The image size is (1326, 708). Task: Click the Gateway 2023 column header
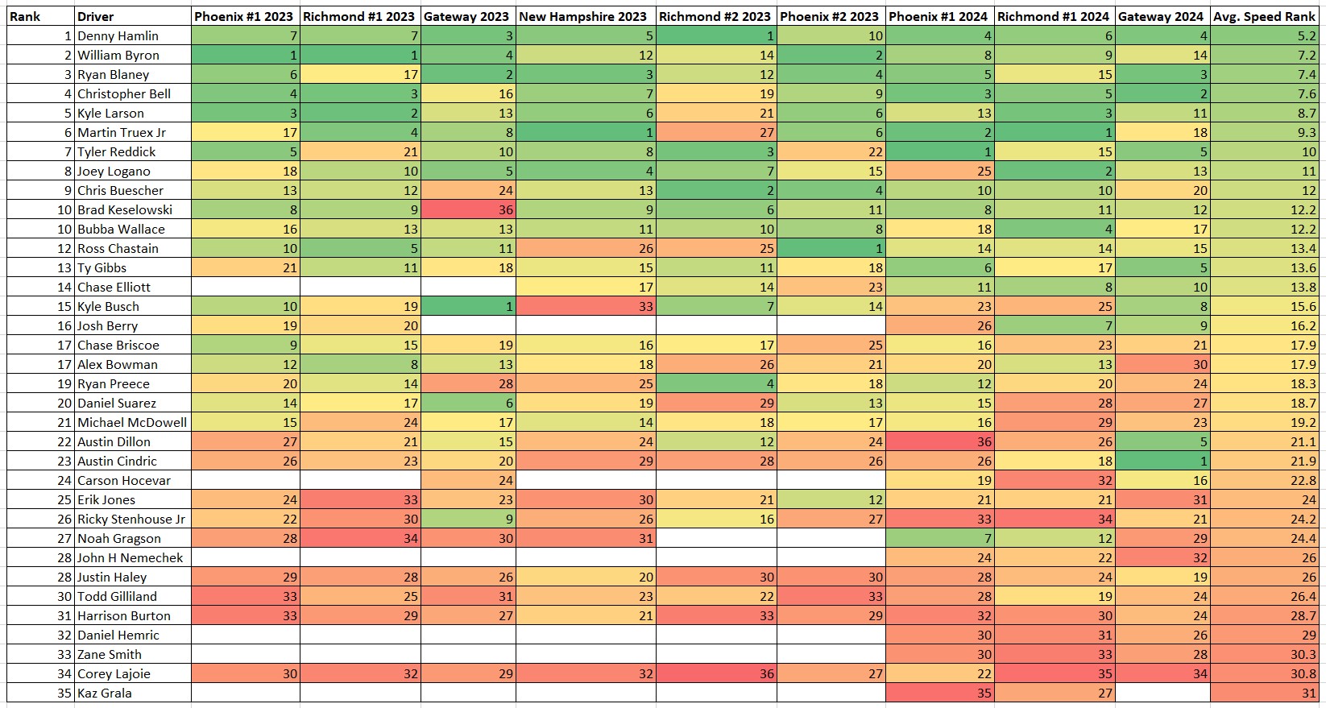point(466,16)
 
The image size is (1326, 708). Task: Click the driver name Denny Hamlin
point(118,35)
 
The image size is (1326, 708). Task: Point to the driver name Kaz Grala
point(104,693)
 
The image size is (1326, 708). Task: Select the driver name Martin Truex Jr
point(122,132)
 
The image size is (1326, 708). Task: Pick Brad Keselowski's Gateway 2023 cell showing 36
point(468,209)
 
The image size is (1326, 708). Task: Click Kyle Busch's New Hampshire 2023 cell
point(586,306)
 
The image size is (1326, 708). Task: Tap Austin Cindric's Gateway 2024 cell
point(1162,461)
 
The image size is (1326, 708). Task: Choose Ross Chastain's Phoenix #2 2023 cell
point(831,248)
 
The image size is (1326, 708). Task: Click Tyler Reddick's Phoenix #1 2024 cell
point(939,151)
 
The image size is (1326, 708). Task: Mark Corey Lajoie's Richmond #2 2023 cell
point(716,673)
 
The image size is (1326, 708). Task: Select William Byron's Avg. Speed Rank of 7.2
point(1267,55)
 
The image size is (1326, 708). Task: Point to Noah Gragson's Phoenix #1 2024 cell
point(939,538)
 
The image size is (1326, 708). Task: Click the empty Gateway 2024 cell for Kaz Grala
point(1162,693)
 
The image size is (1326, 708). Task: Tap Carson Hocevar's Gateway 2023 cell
point(468,480)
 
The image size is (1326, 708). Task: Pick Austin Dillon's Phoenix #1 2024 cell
point(939,441)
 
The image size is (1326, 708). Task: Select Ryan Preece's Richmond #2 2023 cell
point(716,383)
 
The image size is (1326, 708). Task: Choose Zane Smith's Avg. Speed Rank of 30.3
point(1267,654)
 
